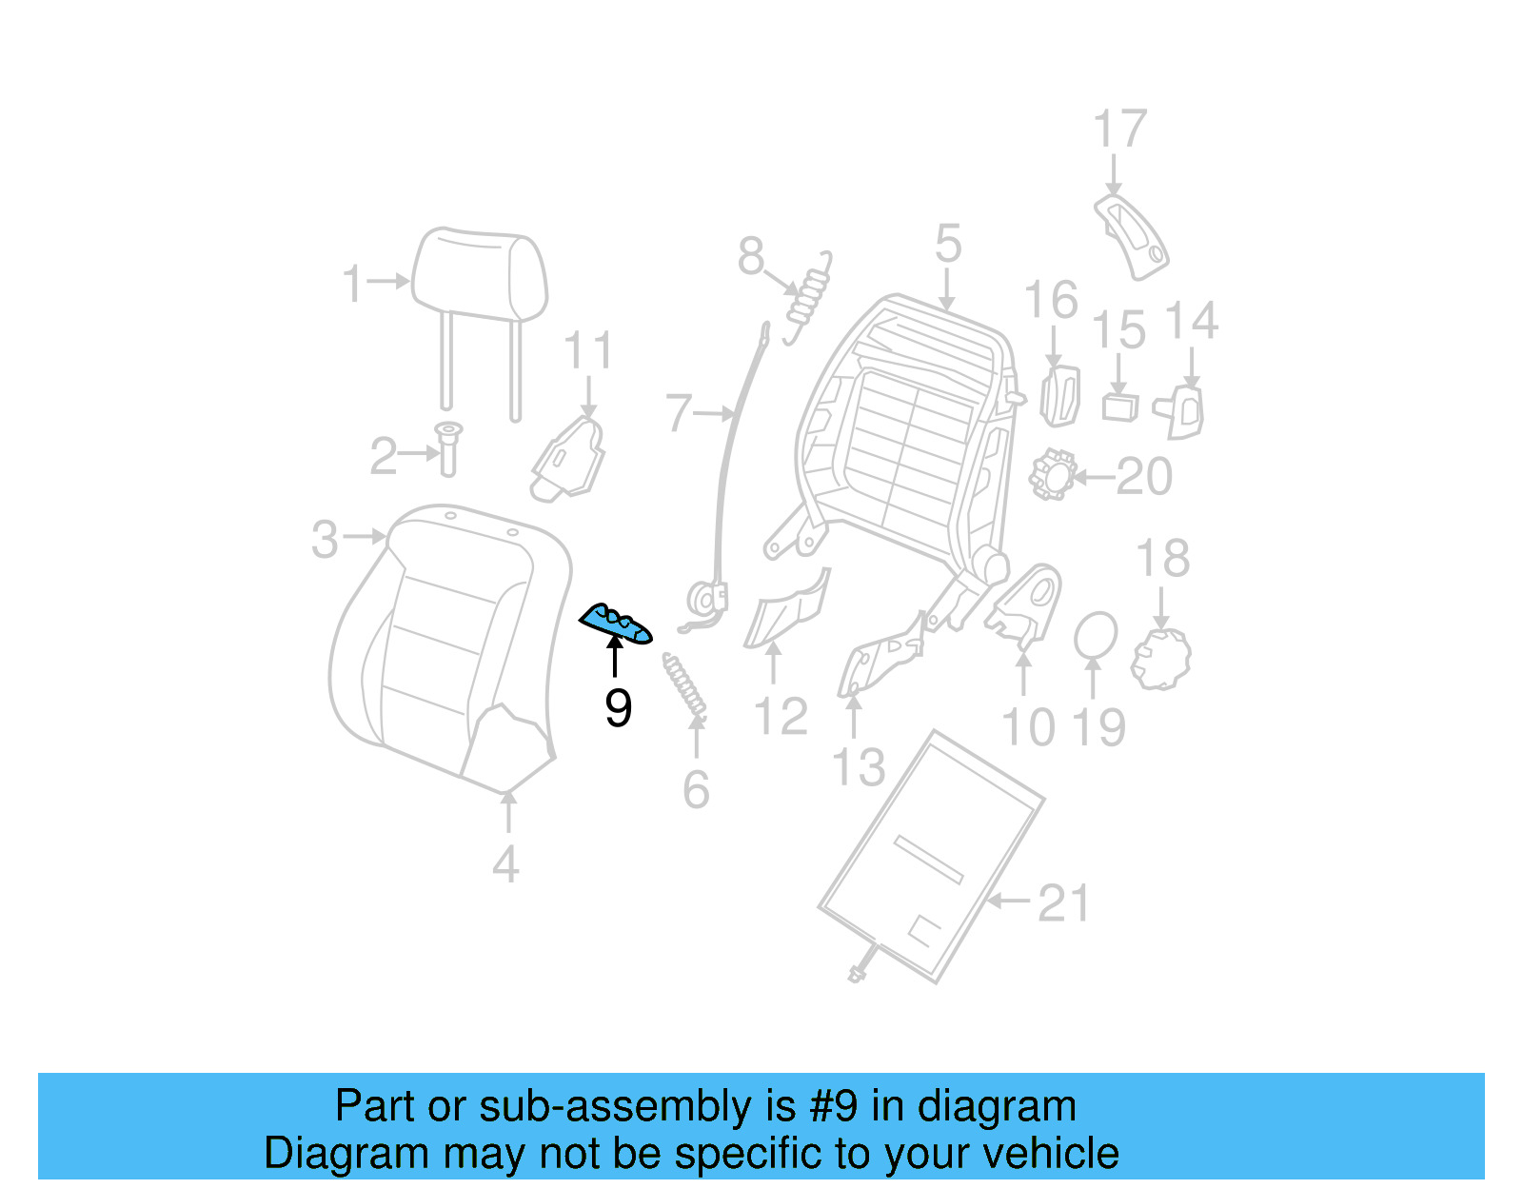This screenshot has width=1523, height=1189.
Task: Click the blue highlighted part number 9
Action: (x=616, y=624)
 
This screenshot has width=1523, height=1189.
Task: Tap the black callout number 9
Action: (x=618, y=708)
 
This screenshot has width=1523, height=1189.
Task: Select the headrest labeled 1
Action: (x=479, y=274)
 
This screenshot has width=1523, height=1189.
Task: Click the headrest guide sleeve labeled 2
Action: (x=448, y=449)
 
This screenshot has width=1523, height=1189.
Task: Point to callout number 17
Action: (x=1119, y=129)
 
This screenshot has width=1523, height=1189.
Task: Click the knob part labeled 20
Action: (x=1053, y=474)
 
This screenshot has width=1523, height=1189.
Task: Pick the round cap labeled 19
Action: (x=1096, y=636)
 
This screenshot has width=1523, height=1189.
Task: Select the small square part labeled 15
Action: (x=1120, y=406)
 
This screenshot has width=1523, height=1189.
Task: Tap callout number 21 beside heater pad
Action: (x=1063, y=902)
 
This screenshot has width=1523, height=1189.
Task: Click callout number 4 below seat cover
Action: (x=505, y=864)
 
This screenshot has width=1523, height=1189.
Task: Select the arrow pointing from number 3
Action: (x=365, y=537)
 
